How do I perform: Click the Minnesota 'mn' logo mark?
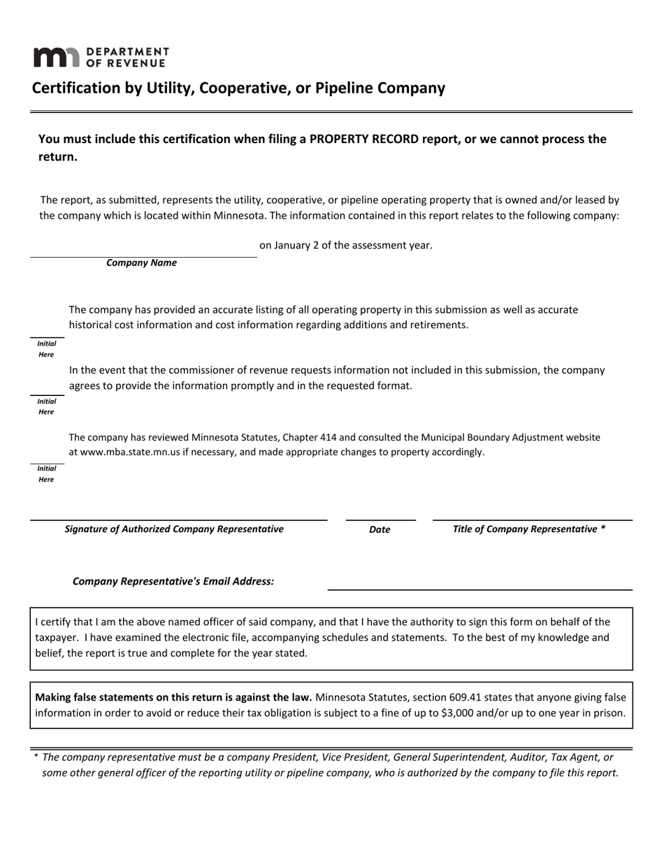point(56,57)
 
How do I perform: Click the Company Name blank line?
point(143,251)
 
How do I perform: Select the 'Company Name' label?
point(141,263)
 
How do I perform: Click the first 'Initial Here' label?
point(46,349)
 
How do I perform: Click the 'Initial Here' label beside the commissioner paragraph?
point(46,406)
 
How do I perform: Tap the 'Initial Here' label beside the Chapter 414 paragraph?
point(46,474)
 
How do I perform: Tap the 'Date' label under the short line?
point(380,529)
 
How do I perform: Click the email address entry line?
point(479,585)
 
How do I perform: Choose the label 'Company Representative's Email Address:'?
point(173,582)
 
